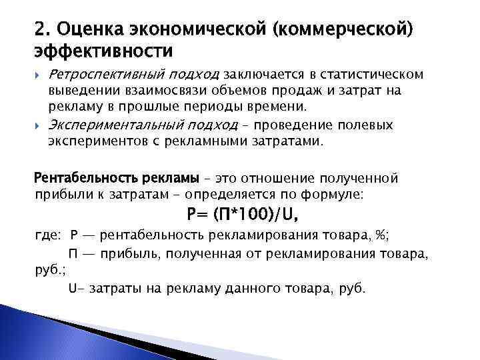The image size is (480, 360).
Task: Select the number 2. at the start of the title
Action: [43, 30]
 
